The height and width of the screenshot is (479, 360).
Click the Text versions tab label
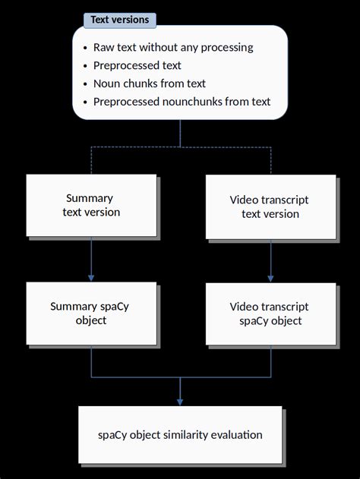tap(119, 20)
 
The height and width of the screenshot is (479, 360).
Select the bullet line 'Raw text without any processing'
tap(173, 47)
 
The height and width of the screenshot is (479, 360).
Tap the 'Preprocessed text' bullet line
tap(137, 65)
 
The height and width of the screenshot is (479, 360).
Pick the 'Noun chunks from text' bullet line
tap(150, 84)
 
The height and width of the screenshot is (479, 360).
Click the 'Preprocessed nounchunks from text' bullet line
tap(182, 102)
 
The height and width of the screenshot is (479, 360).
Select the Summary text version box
tap(91, 205)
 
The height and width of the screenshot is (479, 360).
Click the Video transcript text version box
tap(270, 206)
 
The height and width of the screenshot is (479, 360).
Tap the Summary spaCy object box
tap(91, 314)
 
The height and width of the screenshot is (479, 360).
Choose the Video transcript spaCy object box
tap(270, 314)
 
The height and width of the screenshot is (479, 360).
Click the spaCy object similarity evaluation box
tap(180, 435)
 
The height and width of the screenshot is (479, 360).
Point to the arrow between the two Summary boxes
tap(91, 259)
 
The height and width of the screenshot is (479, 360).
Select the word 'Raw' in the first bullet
tap(104, 47)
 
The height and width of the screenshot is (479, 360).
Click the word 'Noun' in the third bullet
tap(107, 84)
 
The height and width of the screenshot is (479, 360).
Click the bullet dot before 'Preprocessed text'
tap(85, 66)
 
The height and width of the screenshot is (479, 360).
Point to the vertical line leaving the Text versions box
tap(180, 132)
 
